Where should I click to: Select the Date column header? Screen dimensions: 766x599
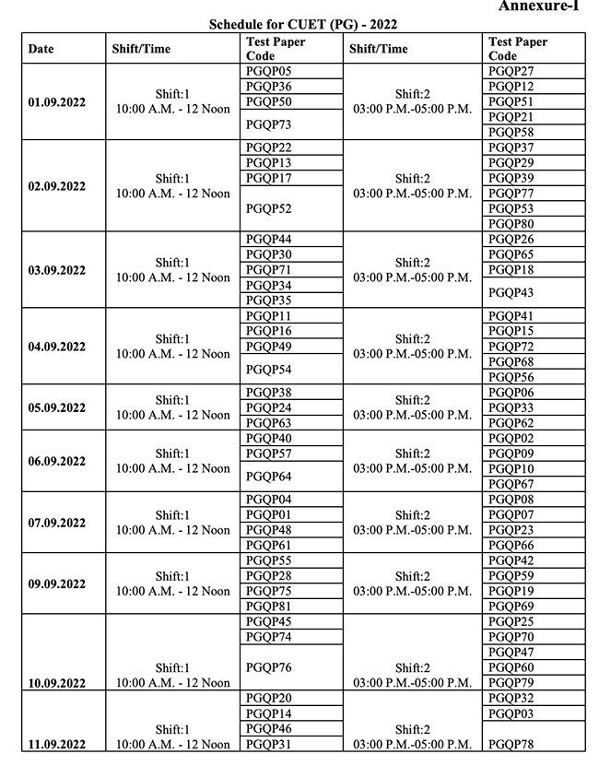pos(41,49)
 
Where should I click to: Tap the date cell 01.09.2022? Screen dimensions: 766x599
pos(57,102)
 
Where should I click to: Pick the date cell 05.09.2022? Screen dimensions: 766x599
pos(57,408)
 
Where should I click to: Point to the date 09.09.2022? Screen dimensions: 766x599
pos(57,584)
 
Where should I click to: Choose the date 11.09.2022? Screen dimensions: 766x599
pos(57,745)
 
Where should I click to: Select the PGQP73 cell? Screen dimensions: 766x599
pos(269,124)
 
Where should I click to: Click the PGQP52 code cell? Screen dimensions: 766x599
pos(269,209)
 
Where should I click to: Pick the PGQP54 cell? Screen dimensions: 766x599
pos(269,370)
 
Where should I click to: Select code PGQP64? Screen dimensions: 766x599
pos(269,477)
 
